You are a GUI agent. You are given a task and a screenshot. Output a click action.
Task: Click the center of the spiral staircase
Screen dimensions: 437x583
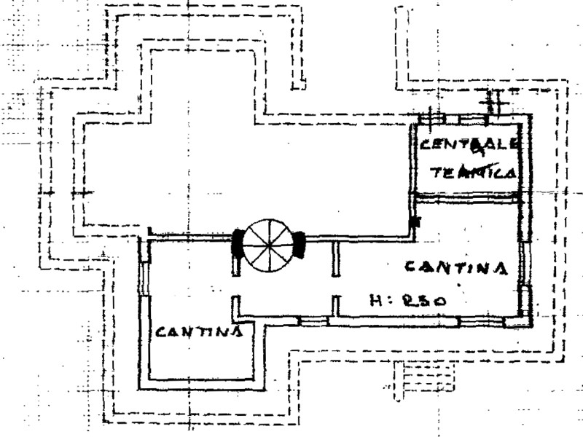click(x=267, y=244)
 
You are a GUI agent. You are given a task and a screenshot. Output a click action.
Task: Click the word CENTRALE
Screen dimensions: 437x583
click(x=469, y=143)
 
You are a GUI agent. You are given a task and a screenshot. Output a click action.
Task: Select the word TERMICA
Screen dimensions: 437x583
click(x=474, y=173)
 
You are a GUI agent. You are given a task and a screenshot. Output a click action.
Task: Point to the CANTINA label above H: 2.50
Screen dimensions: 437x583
click(x=455, y=268)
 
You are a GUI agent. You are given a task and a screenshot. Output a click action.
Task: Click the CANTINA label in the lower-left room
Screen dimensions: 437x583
click(x=198, y=332)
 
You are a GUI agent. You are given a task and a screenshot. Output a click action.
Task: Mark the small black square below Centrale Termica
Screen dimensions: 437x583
click(x=415, y=221)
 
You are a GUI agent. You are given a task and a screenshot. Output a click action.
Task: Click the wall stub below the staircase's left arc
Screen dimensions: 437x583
click(x=236, y=265)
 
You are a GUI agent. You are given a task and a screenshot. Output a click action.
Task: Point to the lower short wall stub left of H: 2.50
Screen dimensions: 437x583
click(x=336, y=304)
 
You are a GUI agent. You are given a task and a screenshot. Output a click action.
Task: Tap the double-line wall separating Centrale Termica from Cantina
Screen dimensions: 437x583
click(x=466, y=196)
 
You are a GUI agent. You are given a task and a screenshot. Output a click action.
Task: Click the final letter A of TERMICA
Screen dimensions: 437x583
click(x=510, y=173)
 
